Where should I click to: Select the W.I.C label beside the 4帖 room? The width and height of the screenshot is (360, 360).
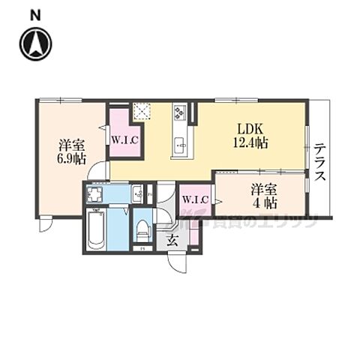(x=195, y=199)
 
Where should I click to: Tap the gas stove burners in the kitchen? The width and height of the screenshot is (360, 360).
(x=181, y=112)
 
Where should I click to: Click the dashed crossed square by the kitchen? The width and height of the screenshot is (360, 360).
(x=142, y=112)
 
